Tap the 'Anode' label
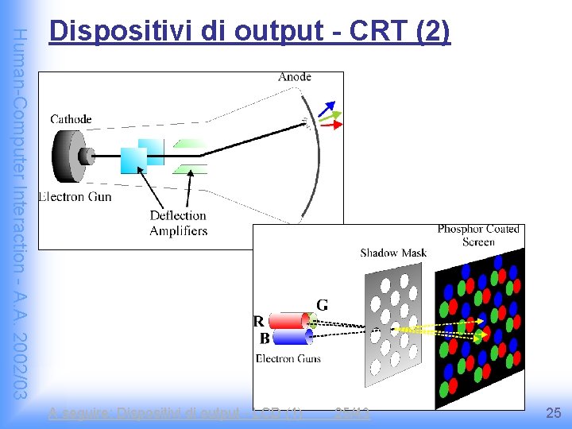[x=295, y=77]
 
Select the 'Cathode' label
[x=71, y=119]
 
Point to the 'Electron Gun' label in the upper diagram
[x=75, y=196]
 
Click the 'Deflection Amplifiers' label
[x=178, y=223]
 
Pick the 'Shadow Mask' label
[x=393, y=253]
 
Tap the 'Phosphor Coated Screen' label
[x=478, y=235]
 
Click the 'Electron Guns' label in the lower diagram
[x=288, y=359]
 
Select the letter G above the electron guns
[x=323, y=304]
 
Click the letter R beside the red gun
[x=258, y=322]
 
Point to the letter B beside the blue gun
[x=263, y=338]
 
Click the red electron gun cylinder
[x=288, y=321]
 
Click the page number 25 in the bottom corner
[x=554, y=413]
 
